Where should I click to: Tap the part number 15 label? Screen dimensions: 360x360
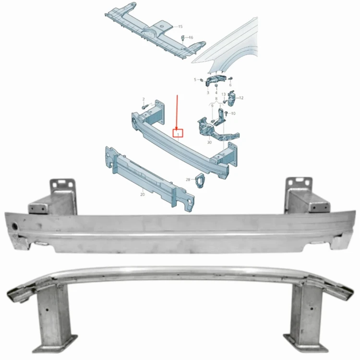tap(180, 26)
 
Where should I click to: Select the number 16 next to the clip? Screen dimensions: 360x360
tap(191, 37)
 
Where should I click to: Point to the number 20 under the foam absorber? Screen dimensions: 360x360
tap(143, 194)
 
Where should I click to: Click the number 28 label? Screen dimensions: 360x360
tap(188, 180)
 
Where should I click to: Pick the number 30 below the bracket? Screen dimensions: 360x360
tap(209, 143)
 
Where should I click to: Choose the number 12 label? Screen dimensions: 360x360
tap(241, 98)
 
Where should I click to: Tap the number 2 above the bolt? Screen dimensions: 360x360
tap(144, 99)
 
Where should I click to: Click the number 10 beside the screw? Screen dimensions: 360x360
tap(233, 113)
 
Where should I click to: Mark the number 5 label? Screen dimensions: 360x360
tap(195, 80)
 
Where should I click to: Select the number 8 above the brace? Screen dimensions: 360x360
tap(216, 98)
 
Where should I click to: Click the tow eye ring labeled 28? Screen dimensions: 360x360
tap(199, 180)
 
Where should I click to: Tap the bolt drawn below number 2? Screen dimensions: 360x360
tap(144, 107)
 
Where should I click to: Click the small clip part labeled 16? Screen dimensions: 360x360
tap(183, 38)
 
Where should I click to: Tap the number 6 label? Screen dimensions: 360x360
tap(230, 85)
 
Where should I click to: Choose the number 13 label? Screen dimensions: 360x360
tap(224, 95)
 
